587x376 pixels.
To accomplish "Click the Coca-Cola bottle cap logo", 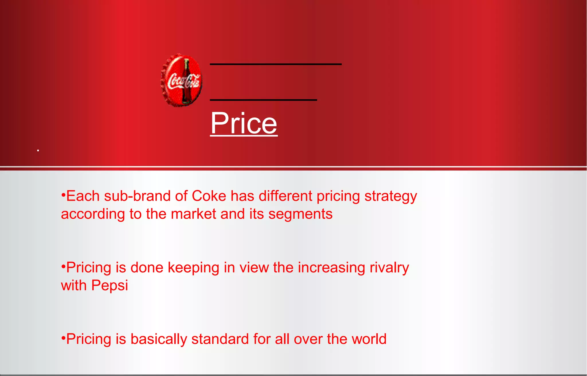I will click(x=181, y=80).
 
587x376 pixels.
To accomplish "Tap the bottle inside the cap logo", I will click(x=186, y=81).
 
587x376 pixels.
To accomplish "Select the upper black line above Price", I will click(x=275, y=64).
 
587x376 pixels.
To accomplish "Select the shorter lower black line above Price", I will click(x=263, y=100).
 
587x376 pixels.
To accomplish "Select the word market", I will click(x=193, y=214).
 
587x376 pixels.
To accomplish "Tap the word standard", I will click(x=220, y=339).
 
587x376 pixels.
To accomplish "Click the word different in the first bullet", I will click(x=285, y=196).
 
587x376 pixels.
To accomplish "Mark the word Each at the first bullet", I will click(x=83, y=196).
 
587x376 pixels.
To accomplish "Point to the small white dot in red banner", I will click(x=38, y=150).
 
